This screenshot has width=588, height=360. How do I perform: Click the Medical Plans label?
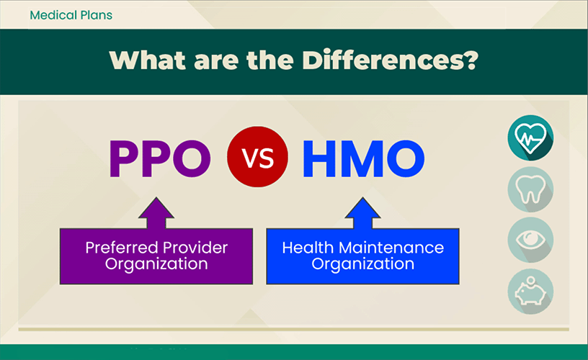point(71,15)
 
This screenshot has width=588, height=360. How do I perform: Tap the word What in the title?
point(148,60)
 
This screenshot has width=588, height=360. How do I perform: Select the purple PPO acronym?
point(160,158)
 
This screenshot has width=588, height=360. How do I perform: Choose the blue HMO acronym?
point(363,158)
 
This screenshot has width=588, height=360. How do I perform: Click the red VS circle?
point(258,156)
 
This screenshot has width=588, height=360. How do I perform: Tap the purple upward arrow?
point(156,213)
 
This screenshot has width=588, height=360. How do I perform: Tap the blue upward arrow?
point(362,213)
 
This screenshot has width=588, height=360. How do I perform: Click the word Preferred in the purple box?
point(122,248)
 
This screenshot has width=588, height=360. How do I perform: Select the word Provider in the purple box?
point(195,248)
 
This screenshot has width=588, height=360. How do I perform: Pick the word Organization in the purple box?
point(156,264)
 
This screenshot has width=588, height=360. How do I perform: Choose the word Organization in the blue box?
point(363,264)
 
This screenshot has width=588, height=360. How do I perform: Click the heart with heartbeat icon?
point(530,138)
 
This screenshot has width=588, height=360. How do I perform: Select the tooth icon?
point(530,189)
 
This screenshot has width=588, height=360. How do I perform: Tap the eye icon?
point(530,240)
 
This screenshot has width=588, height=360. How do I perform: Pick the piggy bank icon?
point(530,291)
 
